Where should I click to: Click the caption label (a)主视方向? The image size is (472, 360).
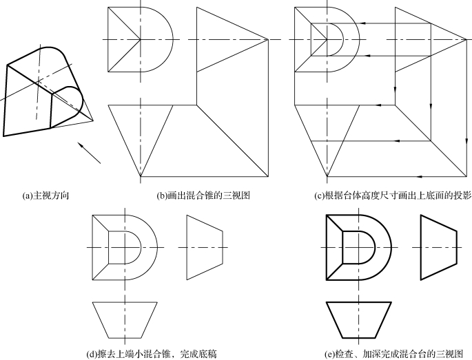click(x=46, y=195)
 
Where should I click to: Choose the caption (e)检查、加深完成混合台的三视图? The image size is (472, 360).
click(x=393, y=354)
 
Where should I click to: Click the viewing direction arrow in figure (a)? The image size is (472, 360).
click(x=89, y=153)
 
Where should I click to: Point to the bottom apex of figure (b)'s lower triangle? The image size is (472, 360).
click(x=141, y=177)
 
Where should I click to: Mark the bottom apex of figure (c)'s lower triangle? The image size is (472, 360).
click(x=327, y=177)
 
